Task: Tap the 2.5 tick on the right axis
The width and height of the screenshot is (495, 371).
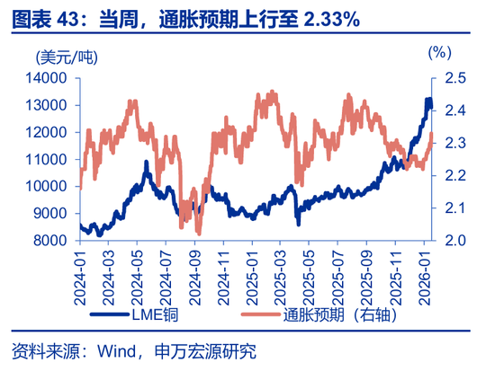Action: (455, 78)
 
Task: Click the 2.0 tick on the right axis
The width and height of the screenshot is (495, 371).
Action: (455, 241)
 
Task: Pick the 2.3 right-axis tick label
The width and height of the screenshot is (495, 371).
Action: (455, 143)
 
